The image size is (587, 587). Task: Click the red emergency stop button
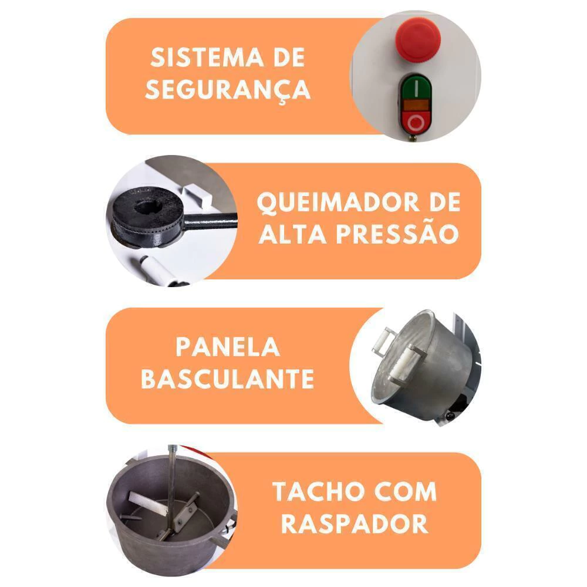pyautogui.click(x=419, y=39)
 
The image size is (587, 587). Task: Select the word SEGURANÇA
pyautogui.click(x=228, y=89)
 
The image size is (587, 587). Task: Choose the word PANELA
pyautogui.click(x=228, y=347)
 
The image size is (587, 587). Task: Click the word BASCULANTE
pyautogui.click(x=228, y=379)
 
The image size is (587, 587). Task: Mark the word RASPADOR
pyautogui.click(x=355, y=524)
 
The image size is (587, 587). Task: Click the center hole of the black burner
pyautogui.click(x=148, y=206)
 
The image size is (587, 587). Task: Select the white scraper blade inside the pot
pyautogui.click(x=147, y=503)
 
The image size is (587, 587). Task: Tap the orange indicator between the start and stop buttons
pyautogui.click(x=416, y=105)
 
